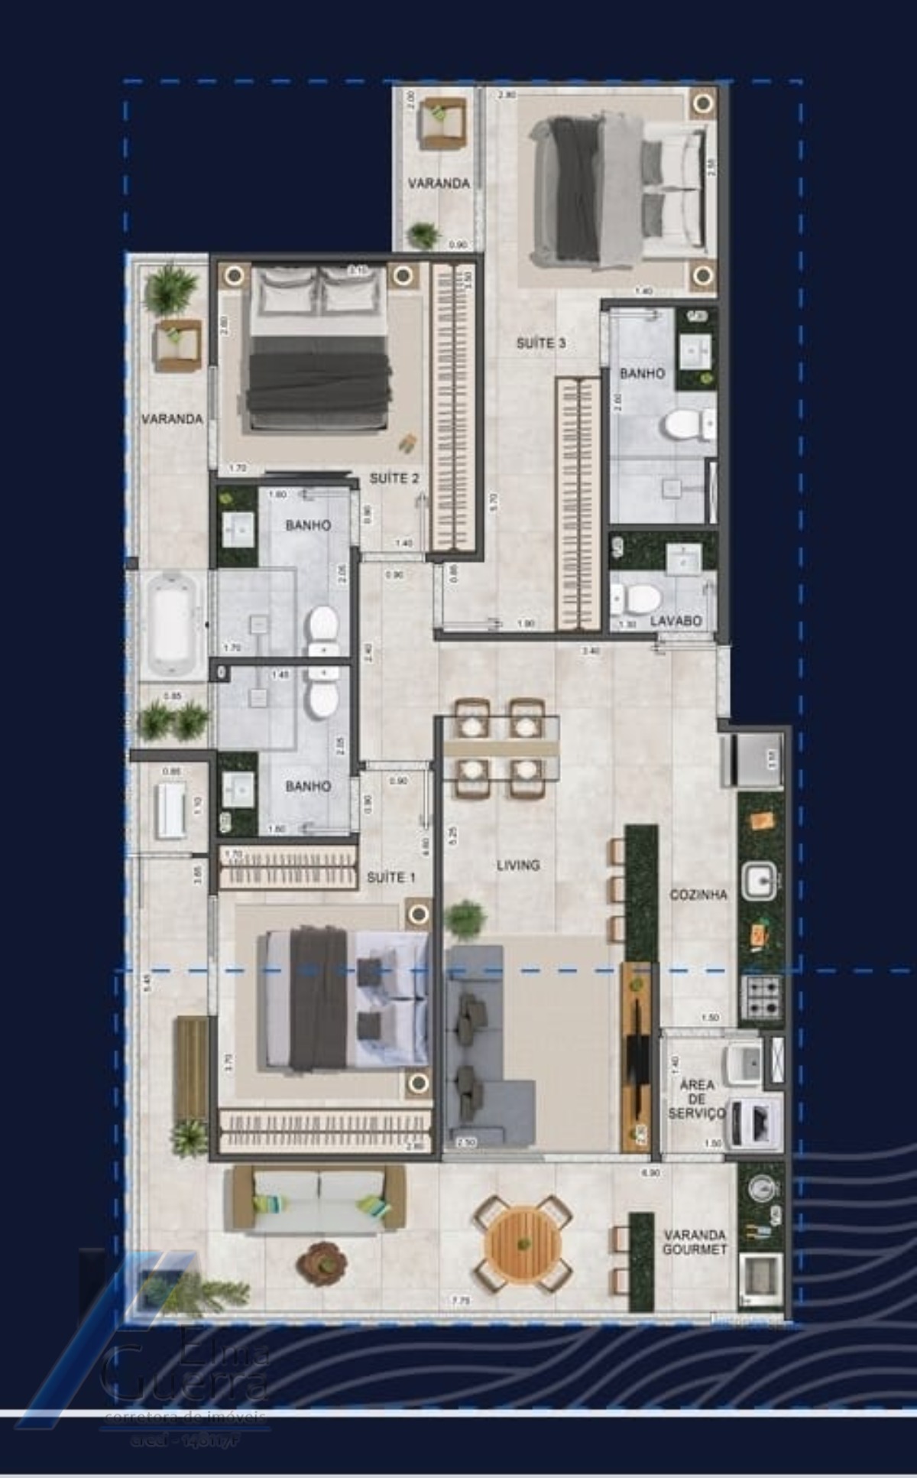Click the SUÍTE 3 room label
[540, 343]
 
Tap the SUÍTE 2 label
[394, 479]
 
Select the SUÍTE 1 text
[390, 877]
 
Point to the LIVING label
[518, 865]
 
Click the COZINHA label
[698, 894]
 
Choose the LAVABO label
[676, 621]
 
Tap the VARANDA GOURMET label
[695, 1242]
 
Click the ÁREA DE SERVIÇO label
[696, 1099]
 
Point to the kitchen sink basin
[759, 879]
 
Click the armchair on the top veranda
[442, 122]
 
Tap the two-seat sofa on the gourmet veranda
[319, 1199]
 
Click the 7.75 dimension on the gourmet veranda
[460, 1300]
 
